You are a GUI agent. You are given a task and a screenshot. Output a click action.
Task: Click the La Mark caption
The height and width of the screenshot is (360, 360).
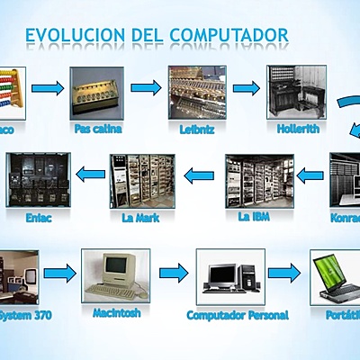tap(138, 217)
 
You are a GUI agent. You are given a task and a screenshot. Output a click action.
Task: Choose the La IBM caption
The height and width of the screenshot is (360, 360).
tap(256, 216)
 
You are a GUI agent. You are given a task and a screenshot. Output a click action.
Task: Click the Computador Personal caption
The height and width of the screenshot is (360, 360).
tap(238, 315)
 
